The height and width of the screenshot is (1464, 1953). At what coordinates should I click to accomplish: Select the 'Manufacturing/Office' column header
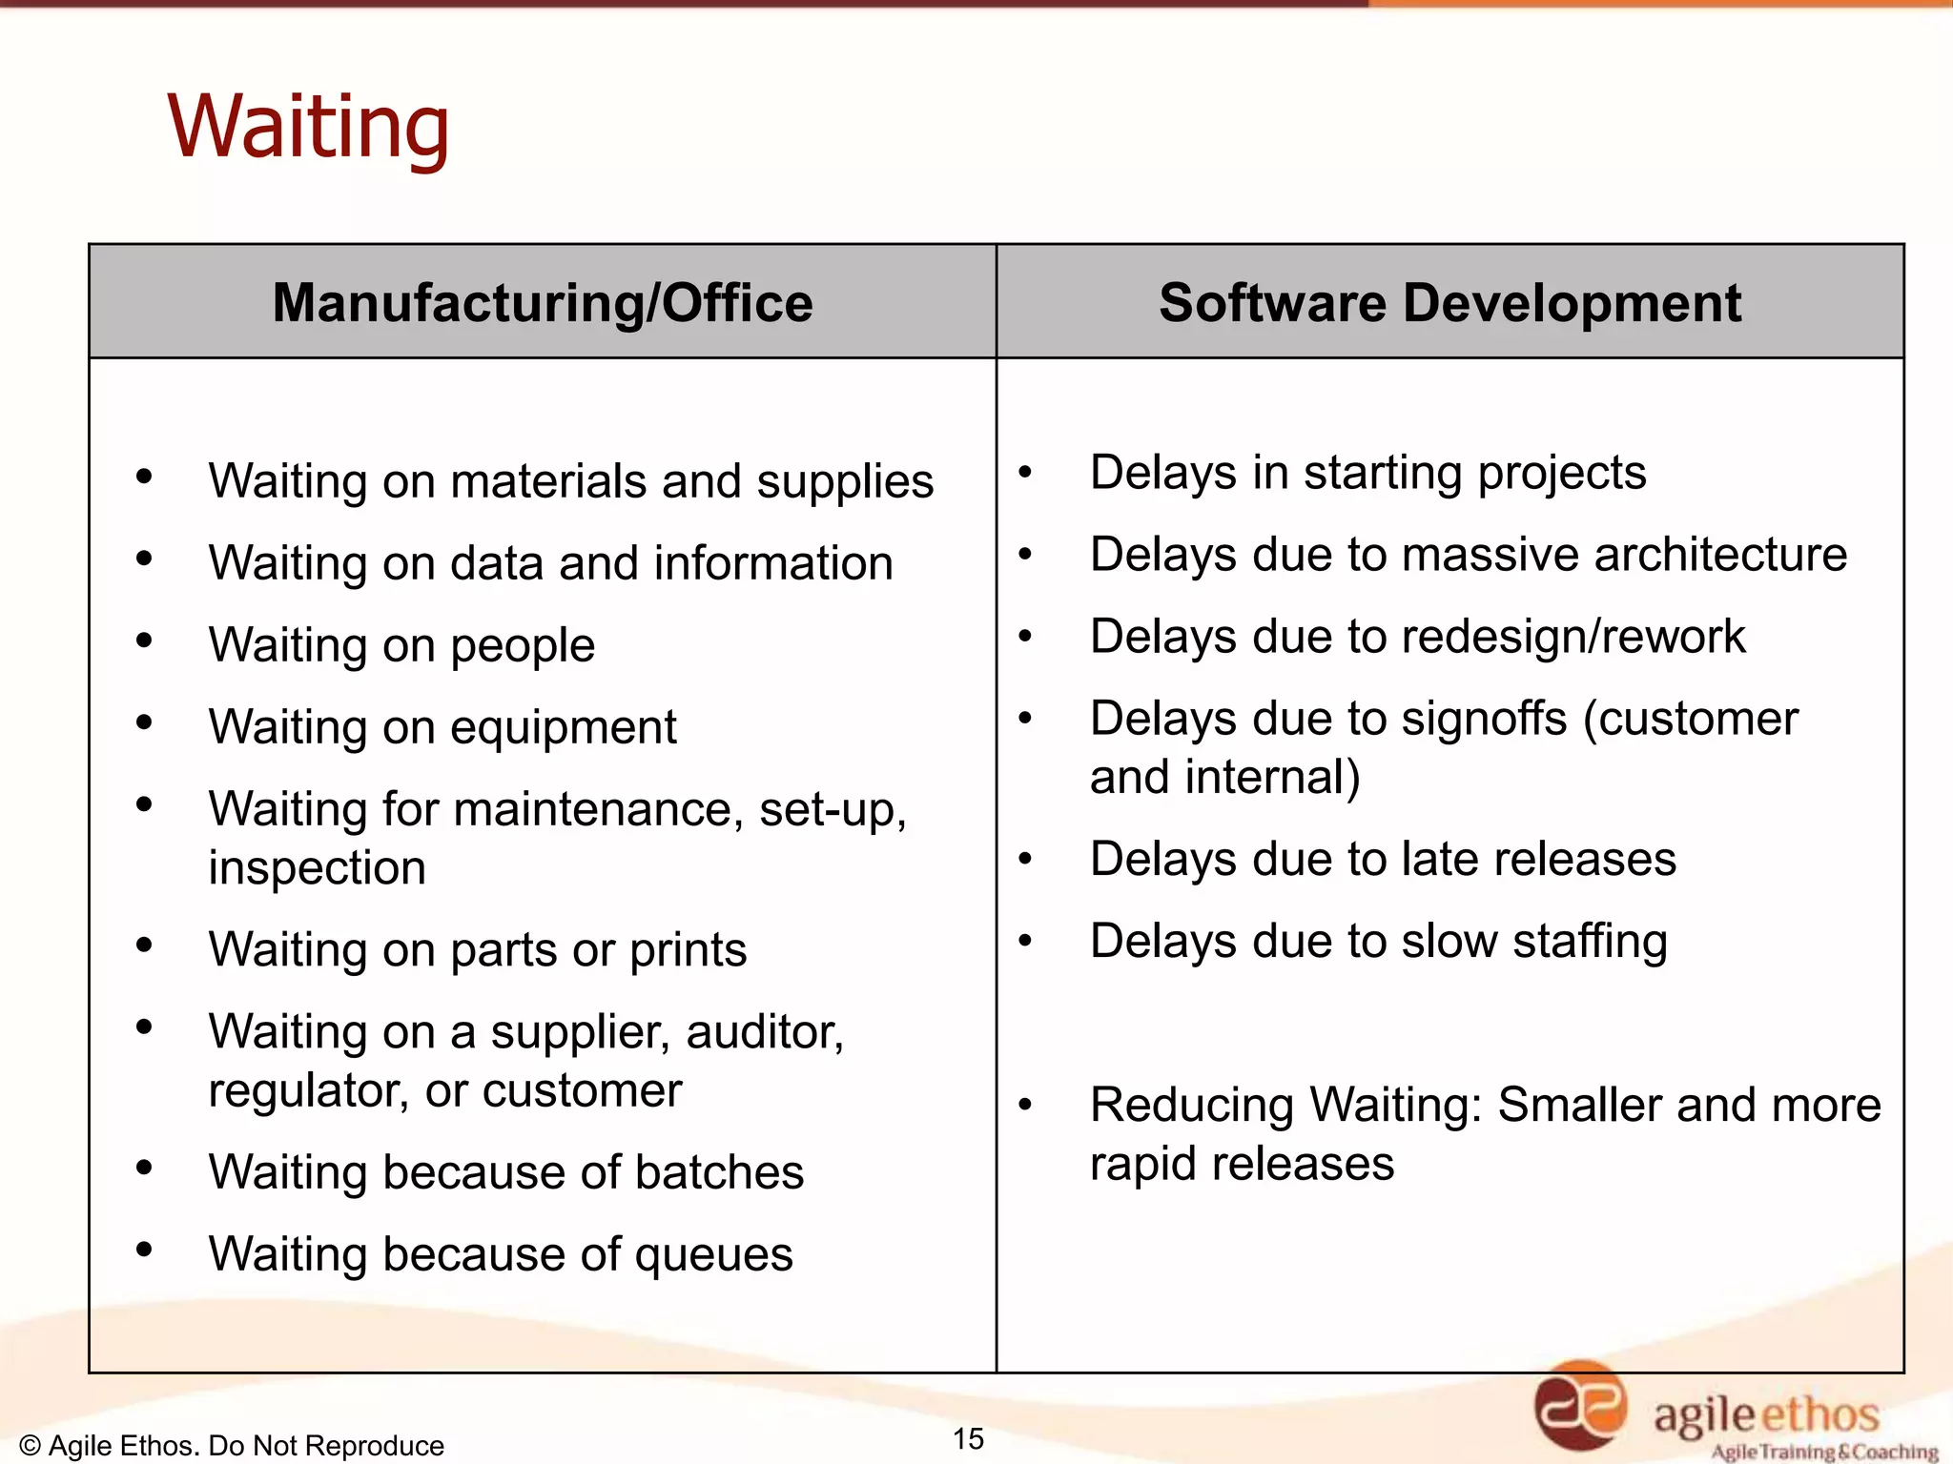click(543, 303)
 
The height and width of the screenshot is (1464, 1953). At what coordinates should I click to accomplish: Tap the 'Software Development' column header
click(1449, 303)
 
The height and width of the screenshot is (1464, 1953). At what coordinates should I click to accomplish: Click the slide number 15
click(968, 1438)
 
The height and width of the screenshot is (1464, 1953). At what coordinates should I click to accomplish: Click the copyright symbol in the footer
click(30, 1446)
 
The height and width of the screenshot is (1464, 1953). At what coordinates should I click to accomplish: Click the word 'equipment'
click(564, 727)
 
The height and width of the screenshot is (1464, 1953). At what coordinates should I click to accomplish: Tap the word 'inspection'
click(317, 868)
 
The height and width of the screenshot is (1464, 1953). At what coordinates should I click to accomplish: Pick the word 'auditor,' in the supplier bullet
click(765, 1031)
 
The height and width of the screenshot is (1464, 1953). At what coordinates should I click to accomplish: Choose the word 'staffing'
click(1590, 942)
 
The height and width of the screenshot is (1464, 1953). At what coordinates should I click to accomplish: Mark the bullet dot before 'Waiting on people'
click(144, 640)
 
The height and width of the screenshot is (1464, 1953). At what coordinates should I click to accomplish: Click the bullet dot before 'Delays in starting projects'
click(1025, 472)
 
